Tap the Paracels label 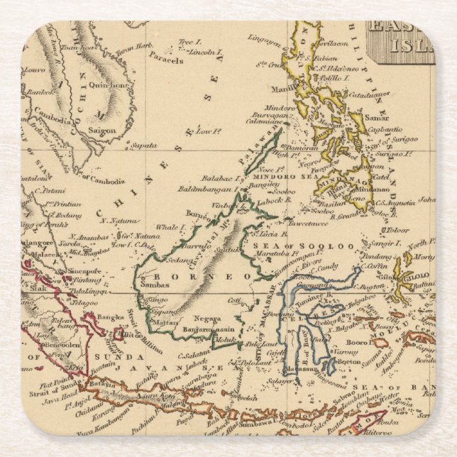click(x=167, y=60)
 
